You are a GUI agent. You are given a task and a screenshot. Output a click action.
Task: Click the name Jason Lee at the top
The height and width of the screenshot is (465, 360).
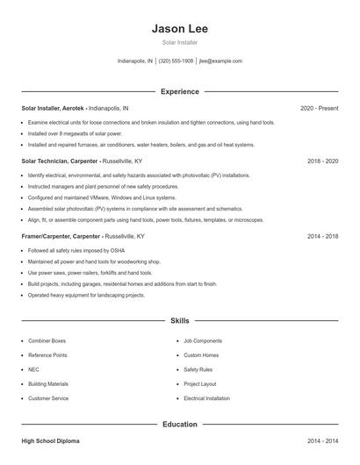click(180, 28)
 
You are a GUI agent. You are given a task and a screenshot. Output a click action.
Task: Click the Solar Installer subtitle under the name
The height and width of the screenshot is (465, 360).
click(180, 42)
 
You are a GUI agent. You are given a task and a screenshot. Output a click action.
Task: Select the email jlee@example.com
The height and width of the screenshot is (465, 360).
click(220, 61)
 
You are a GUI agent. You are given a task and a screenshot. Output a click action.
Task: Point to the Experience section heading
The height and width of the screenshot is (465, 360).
click(180, 91)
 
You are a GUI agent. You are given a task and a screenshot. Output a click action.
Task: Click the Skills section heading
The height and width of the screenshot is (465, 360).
click(180, 322)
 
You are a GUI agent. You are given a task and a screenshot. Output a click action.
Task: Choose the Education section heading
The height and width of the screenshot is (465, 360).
click(180, 425)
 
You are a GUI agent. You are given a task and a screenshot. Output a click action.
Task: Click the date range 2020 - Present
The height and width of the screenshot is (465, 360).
click(319, 108)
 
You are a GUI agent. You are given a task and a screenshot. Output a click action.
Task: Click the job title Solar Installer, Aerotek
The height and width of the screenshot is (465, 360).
click(54, 108)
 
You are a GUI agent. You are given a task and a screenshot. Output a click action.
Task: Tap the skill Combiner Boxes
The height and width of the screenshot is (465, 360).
click(47, 340)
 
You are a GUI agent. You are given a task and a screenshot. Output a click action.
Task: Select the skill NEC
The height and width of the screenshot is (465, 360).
click(33, 369)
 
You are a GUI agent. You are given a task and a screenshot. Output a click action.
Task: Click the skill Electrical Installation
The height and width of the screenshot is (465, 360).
click(206, 398)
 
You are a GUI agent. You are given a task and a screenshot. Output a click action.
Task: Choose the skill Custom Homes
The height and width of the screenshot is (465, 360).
click(202, 355)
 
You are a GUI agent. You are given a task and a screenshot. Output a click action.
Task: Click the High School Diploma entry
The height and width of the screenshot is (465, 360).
click(50, 441)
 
